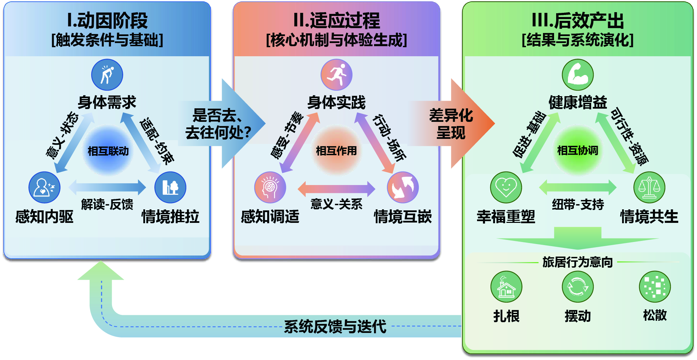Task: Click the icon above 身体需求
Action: pyautogui.click(x=107, y=75)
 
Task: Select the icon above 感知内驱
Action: pyautogui.click(x=44, y=187)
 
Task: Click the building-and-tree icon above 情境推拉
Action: pyautogui.click(x=170, y=187)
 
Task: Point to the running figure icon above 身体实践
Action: pyautogui.click(x=336, y=75)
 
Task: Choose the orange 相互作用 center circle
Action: pyautogui.click(x=336, y=151)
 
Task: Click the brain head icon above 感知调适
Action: pyautogui.click(x=270, y=187)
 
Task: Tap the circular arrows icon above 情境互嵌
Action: pyautogui.click(x=402, y=187)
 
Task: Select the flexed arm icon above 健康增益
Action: pyautogui.click(x=578, y=75)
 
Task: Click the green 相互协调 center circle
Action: pyautogui.click(x=578, y=151)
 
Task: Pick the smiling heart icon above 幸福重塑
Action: pyautogui.click(x=506, y=187)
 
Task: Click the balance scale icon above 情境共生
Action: pyautogui.click(x=649, y=187)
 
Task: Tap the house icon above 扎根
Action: pyautogui.click(x=506, y=287)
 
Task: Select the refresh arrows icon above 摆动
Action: pyautogui.click(x=578, y=287)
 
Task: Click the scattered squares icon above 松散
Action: pyautogui.click(x=655, y=287)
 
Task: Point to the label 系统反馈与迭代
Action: pyautogui.click(x=335, y=327)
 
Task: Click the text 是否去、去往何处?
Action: pyautogui.click(x=218, y=124)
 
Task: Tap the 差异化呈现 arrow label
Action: pyautogui.click(x=451, y=124)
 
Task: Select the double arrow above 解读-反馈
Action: pyautogui.click(x=107, y=187)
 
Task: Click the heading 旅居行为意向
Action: pyautogui.click(x=578, y=262)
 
